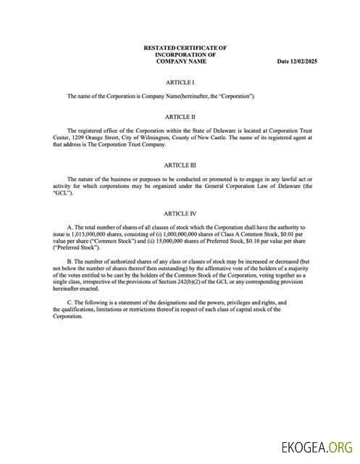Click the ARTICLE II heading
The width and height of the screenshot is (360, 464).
pos(180,116)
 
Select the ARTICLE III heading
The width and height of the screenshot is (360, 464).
pos(180,165)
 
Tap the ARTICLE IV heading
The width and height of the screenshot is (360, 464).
pos(180,213)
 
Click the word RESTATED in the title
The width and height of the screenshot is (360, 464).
pos(161,48)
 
